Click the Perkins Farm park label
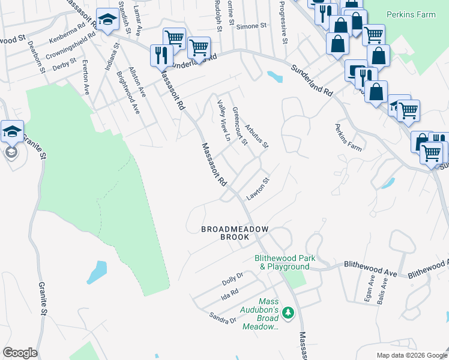410,14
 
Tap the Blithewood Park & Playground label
282,262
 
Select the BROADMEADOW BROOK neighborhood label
234,233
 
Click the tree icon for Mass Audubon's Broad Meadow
288,313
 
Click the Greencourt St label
240,125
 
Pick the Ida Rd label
230,292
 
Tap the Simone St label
251,26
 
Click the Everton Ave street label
86,77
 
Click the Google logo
20,353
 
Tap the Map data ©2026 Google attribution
411,355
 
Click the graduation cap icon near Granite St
12,132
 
